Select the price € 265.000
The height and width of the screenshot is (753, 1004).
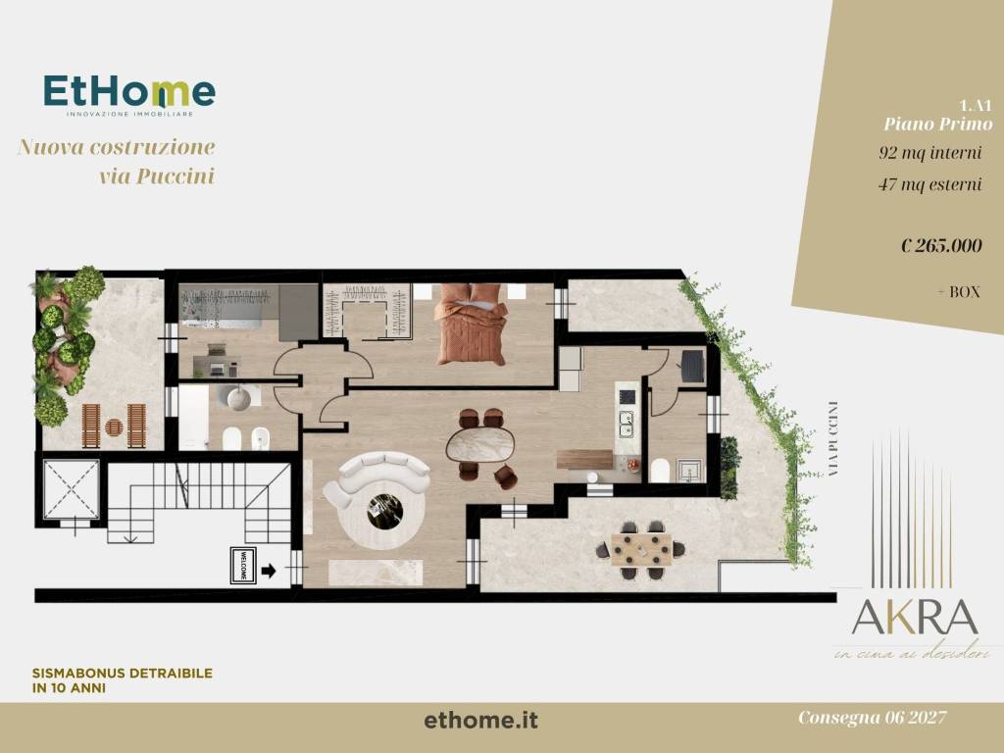940,246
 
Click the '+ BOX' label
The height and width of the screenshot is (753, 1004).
958,291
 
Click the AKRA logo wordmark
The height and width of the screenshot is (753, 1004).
914,617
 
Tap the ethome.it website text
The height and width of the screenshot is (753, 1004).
481,721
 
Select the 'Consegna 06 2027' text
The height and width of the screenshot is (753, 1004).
872,719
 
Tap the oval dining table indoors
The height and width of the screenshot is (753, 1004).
482,445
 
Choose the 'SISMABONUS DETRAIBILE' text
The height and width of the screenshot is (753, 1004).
123,674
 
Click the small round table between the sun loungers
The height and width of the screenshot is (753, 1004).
114,427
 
